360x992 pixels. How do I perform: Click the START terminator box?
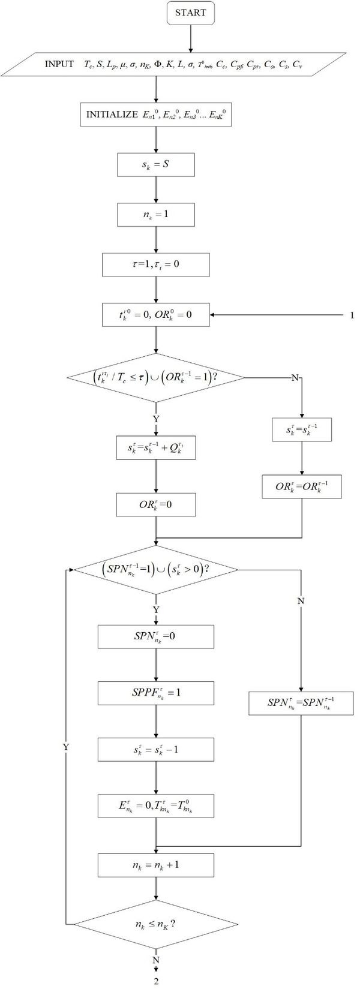(190, 13)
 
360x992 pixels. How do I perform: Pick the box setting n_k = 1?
(155, 214)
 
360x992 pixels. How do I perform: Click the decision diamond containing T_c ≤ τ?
(155, 378)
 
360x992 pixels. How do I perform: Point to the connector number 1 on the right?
(352, 315)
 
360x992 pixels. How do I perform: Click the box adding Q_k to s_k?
(155, 448)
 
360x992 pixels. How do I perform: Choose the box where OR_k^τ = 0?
(155, 505)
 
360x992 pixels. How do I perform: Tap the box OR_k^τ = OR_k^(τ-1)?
(301, 487)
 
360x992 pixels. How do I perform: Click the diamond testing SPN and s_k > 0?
(155, 570)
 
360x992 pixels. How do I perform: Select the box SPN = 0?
(155, 637)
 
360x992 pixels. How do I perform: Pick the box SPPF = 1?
(155, 693)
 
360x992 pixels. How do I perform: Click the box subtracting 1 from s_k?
(155, 749)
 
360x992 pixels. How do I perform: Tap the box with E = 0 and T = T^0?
(155, 805)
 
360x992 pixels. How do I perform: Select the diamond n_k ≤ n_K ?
(155, 924)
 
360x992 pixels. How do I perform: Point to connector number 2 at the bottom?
(156, 982)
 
